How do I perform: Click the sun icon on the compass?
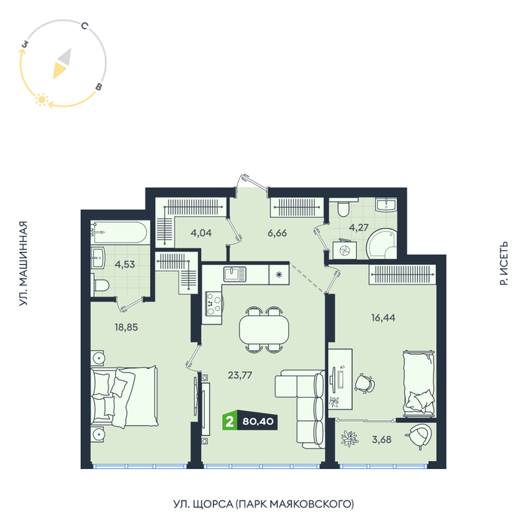click(41, 99)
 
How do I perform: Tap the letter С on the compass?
click(84, 26)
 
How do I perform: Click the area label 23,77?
click(240, 375)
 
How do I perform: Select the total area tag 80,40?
click(257, 421)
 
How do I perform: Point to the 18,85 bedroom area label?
click(126, 327)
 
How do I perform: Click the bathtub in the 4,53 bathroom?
click(120, 232)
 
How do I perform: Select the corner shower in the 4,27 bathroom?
click(382, 244)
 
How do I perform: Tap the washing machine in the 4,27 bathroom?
click(345, 250)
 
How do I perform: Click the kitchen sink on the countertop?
click(235, 274)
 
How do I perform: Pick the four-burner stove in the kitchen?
click(214, 303)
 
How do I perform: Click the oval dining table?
click(264, 330)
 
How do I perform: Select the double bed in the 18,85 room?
click(124, 397)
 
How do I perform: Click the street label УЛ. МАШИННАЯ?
click(23, 263)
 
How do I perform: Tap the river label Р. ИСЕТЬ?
click(504, 263)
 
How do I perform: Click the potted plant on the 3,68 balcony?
click(349, 439)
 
